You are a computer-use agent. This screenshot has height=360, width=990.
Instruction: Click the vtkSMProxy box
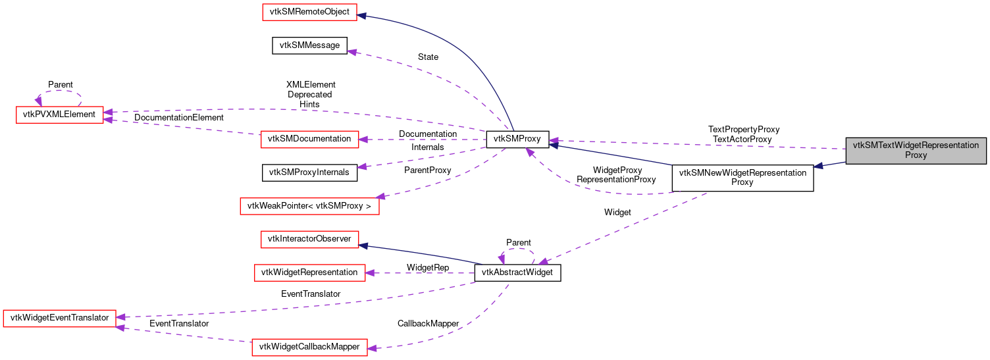tap(517, 140)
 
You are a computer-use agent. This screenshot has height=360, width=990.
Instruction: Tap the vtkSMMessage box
tap(309, 45)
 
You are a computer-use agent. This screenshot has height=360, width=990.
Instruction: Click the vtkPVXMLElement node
tap(59, 115)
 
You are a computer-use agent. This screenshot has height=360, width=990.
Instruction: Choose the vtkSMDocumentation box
tap(310, 139)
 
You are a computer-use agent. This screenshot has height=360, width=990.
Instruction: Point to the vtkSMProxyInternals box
tap(310, 172)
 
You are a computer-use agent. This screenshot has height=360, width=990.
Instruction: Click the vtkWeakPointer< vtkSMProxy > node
tap(309, 206)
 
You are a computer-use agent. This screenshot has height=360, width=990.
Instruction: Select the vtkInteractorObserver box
tap(309, 238)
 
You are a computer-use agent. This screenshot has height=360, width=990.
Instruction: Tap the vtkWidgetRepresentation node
tap(309, 272)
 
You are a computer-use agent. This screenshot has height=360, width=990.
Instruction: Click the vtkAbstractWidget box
tap(517, 273)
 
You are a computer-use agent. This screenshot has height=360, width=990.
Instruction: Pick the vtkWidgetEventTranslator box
tap(60, 318)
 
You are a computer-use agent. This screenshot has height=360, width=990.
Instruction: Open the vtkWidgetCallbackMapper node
tap(309, 347)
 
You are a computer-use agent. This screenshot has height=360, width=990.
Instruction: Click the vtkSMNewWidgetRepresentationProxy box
tap(742, 178)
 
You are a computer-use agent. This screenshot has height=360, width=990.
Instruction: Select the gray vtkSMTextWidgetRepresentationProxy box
tap(916, 151)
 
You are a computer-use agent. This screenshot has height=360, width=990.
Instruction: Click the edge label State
tap(428, 57)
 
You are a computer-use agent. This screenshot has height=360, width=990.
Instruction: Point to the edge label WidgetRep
tap(428, 268)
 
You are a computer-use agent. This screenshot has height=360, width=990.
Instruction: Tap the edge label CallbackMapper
tap(428, 324)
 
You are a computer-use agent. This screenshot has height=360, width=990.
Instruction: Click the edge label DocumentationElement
tap(179, 117)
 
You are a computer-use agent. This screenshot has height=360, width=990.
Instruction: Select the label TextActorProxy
tap(742, 139)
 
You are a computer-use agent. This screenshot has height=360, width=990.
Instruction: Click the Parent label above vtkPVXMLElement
tap(61, 85)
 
